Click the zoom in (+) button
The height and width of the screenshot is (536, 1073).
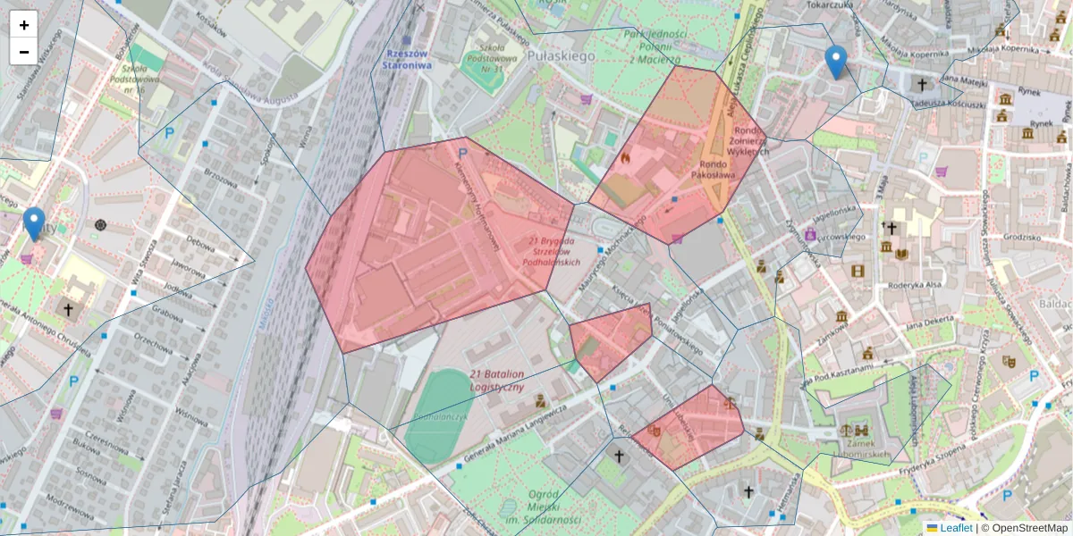pos(24,25)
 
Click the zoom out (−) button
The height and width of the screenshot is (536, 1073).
pos(24,51)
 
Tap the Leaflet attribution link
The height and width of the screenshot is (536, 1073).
pos(956,528)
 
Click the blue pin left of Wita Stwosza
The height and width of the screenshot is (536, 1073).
pos(34,223)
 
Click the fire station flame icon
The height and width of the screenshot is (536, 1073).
pos(625,157)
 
